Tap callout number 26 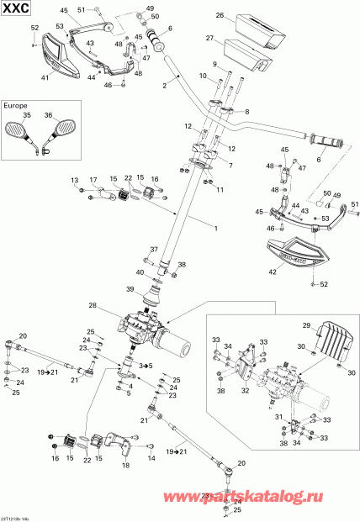point(219,16)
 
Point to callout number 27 point(210,38)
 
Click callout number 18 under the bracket point(126,465)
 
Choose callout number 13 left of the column point(73,181)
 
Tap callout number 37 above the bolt point(154,250)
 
